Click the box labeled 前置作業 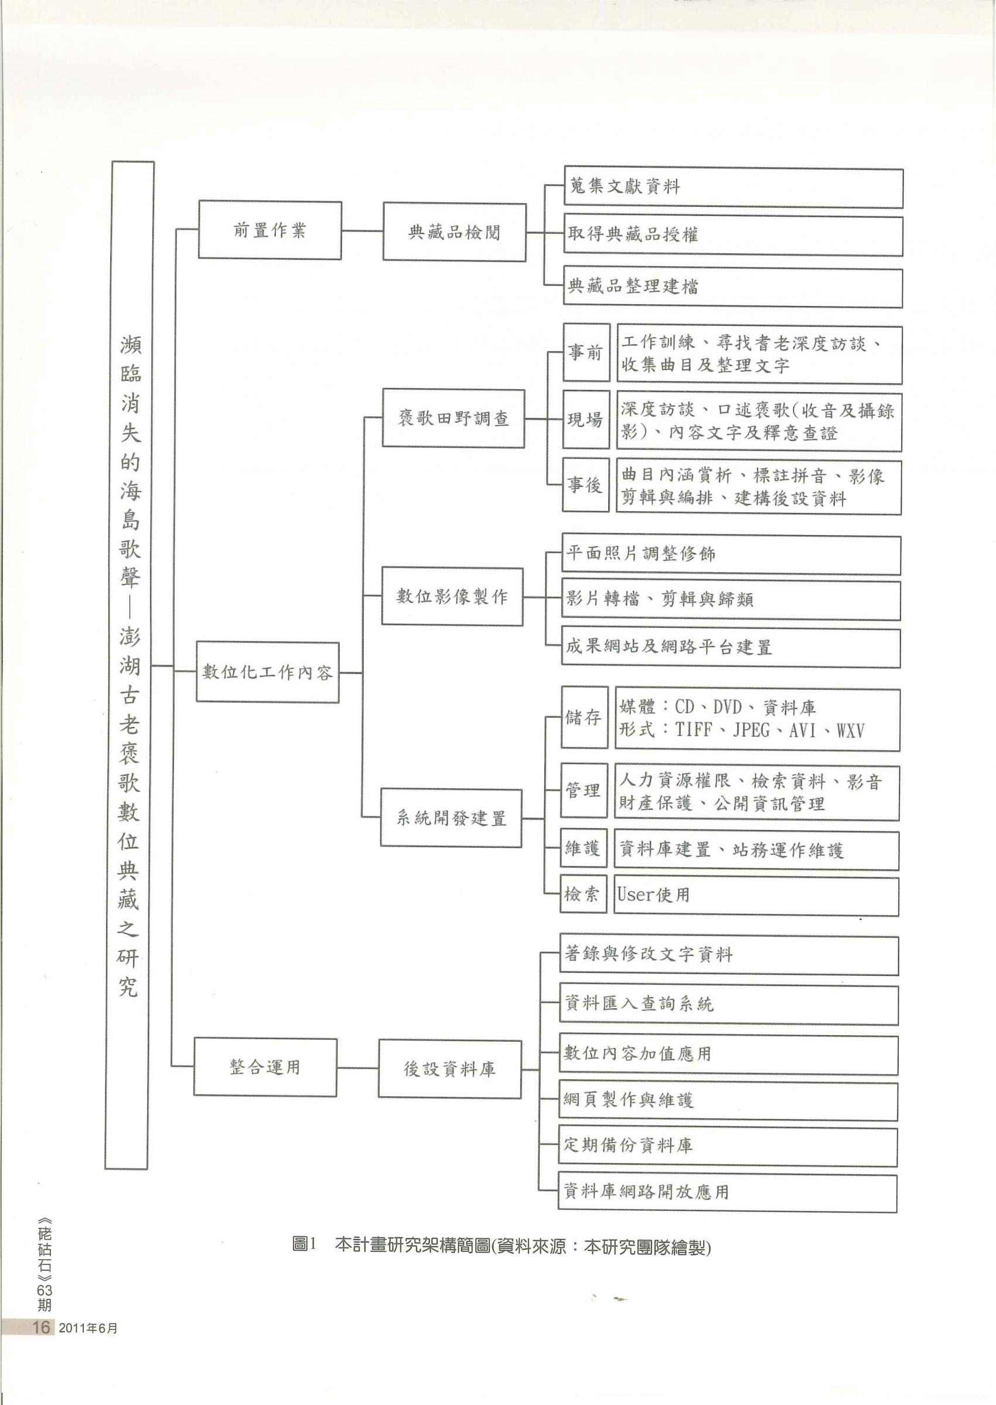[270, 230]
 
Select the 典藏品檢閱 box [455, 233]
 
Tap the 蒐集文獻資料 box [733, 187]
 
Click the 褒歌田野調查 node [453, 419]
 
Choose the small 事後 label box [586, 485]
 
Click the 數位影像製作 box [452, 596]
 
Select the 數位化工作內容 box [267, 672]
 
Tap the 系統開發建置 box [451, 818]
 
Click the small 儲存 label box [585, 717]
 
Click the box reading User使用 [756, 895]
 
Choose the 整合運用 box [265, 1067]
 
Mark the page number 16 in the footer [40, 1327]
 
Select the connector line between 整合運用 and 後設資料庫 [357, 1068]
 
